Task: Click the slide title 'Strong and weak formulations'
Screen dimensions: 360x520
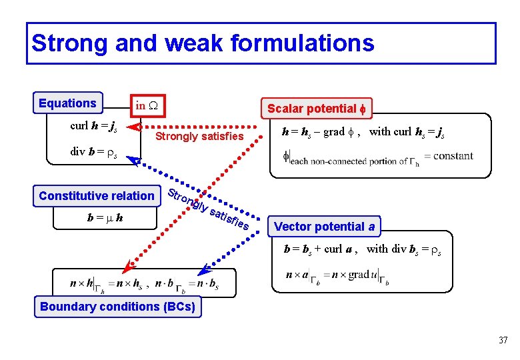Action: [x=203, y=43]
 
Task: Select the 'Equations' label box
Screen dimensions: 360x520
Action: [x=68, y=103]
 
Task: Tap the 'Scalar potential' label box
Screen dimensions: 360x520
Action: [x=318, y=108]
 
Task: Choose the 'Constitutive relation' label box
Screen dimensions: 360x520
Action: [x=97, y=195]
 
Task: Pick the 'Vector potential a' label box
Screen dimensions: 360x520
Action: [x=324, y=227]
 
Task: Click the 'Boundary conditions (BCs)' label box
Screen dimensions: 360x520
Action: [x=118, y=307]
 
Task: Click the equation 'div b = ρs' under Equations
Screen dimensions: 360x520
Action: [x=94, y=153]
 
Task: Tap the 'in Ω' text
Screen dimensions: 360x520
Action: [x=145, y=105]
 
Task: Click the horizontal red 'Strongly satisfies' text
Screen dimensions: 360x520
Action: [x=199, y=137]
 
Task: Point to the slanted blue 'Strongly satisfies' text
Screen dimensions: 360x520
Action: [x=208, y=208]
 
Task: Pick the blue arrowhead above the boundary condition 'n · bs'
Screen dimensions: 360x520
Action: [x=205, y=271]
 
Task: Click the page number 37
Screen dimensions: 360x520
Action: [x=503, y=341]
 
